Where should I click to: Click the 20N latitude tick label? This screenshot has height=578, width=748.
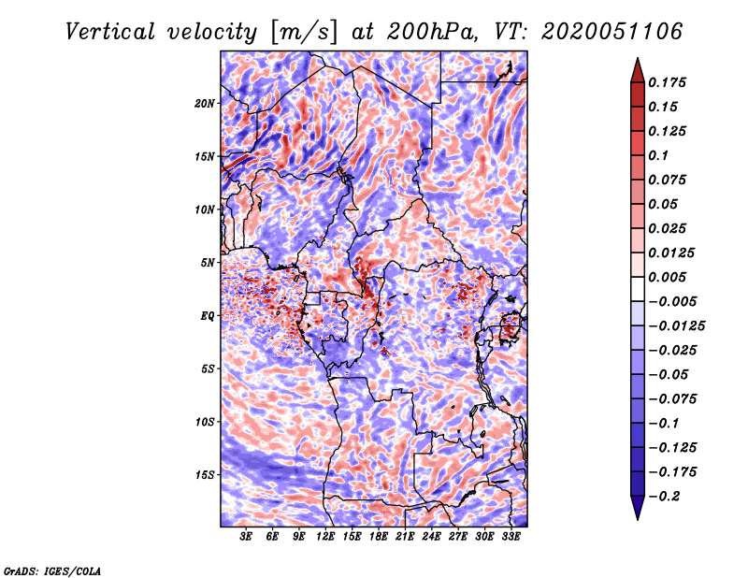coord(205,103)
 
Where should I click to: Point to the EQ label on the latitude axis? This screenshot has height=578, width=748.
coord(207,315)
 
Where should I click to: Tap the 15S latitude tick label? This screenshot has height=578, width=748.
coord(205,475)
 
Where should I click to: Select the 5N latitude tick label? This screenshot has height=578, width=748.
coord(208,263)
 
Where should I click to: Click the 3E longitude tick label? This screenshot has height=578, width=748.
coord(246,537)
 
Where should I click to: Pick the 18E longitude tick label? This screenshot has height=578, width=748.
coord(379,537)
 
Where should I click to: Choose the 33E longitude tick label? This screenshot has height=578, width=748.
coord(511,537)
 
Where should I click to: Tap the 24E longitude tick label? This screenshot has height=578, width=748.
coord(431,537)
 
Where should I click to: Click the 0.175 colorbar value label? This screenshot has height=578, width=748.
coord(667,82)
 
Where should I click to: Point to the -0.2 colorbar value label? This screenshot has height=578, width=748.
coord(664,497)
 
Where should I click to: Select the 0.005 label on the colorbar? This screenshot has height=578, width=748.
coord(667,277)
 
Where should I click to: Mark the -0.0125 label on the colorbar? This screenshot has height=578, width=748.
coord(676,326)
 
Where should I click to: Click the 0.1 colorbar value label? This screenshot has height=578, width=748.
coord(658,155)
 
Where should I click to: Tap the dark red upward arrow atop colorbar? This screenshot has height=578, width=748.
coord(638,70)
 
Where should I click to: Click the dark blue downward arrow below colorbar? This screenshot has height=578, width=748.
coord(638,508)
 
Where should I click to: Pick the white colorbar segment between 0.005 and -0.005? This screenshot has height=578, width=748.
coord(638,289)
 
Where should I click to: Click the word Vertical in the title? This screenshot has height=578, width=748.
coord(110,32)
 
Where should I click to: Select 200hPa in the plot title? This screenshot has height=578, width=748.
coord(431,32)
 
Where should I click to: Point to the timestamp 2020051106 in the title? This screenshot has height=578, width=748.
coord(611,32)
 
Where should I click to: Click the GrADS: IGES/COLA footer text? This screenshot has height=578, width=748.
coord(52,571)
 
